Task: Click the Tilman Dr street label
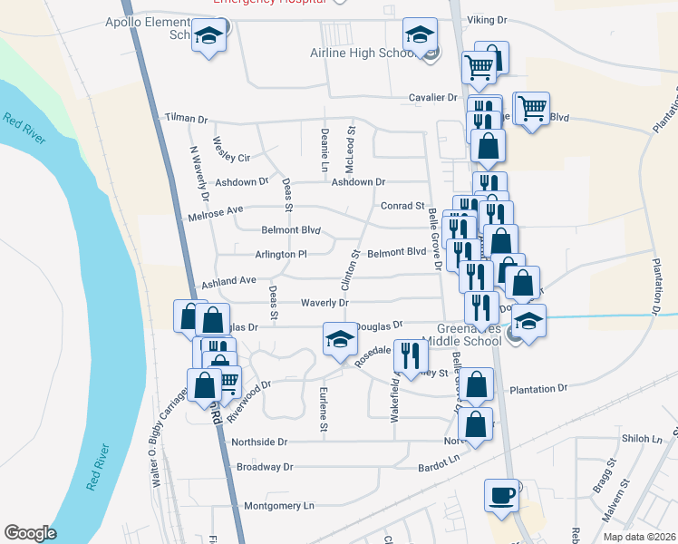tap(186, 119)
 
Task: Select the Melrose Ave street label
tap(216, 210)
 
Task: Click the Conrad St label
tap(402, 206)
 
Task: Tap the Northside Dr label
tap(259, 442)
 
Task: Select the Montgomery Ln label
tap(279, 505)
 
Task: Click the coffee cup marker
tap(501, 495)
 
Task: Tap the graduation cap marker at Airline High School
tap(419, 35)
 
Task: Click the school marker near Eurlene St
tap(340, 340)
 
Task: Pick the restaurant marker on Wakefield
tap(411, 355)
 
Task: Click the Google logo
tap(30, 533)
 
